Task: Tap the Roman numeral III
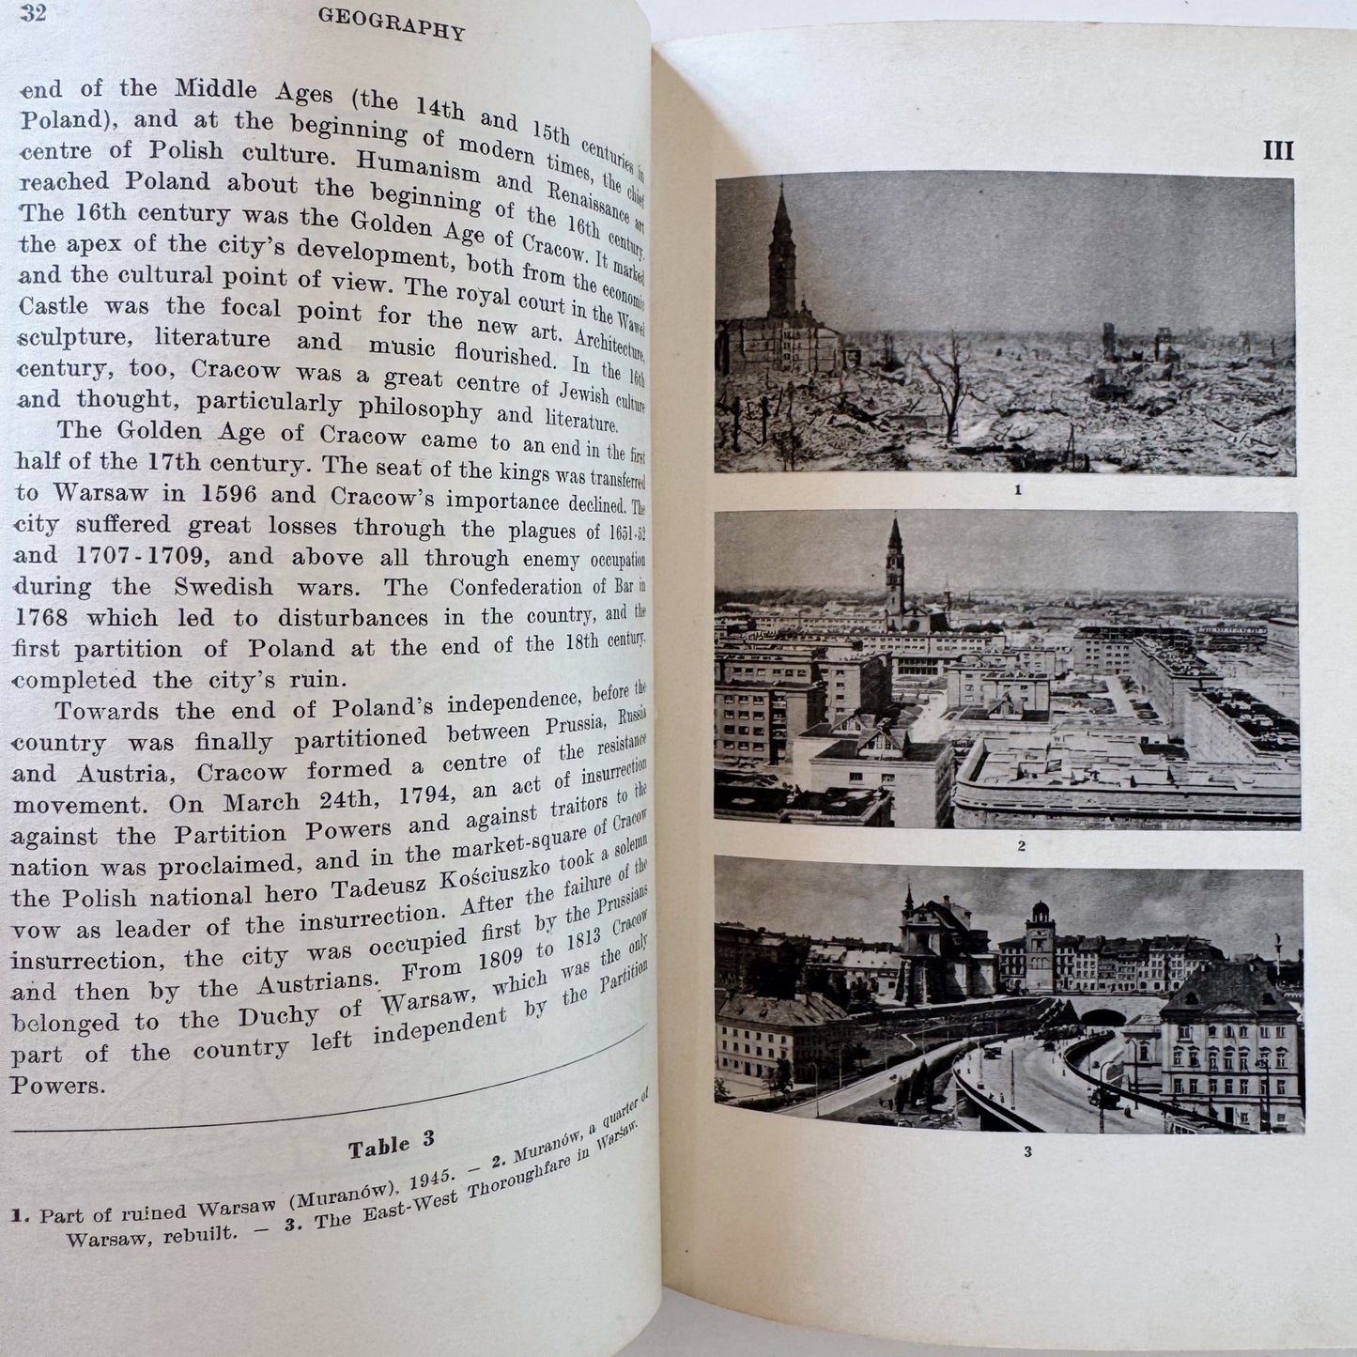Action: pos(1277,150)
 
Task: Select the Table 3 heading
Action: pos(392,1146)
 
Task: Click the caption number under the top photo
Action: pos(1017,489)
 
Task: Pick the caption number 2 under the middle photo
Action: pos(1020,845)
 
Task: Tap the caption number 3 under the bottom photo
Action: pos(1028,1151)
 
